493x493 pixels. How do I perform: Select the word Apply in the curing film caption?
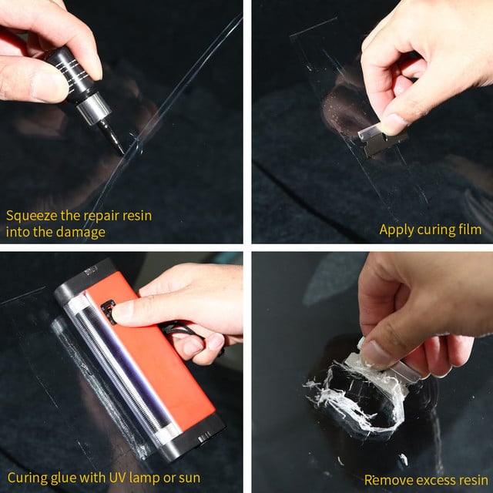(x=396, y=230)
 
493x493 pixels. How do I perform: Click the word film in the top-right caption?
(x=468, y=230)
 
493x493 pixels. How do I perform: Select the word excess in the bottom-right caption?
(x=433, y=479)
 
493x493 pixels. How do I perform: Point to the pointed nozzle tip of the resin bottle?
(x=119, y=148)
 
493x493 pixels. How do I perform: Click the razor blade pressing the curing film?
(x=381, y=139)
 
